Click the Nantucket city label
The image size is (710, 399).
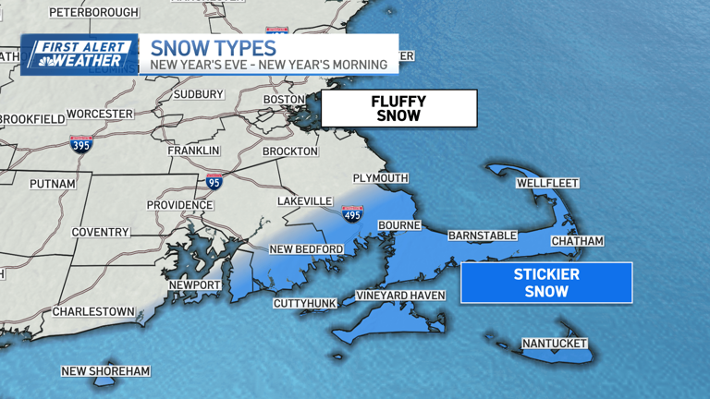(x=555, y=344)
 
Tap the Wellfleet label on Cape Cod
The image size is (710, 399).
(x=547, y=183)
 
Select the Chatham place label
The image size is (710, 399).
(x=577, y=241)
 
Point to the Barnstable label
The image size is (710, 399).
(x=483, y=236)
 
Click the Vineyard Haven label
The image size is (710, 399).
(x=401, y=296)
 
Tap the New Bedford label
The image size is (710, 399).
(x=306, y=249)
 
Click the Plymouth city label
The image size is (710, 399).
(x=380, y=178)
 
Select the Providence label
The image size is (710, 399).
(x=179, y=205)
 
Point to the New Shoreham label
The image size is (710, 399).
(x=105, y=371)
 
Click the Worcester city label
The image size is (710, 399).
(x=101, y=114)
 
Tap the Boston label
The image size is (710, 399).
(x=284, y=100)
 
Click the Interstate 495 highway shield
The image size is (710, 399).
(x=352, y=214)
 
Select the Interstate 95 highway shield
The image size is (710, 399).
(x=214, y=181)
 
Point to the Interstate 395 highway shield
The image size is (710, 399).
(x=80, y=143)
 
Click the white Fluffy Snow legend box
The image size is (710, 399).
(x=398, y=108)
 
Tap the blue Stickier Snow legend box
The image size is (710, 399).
(x=546, y=283)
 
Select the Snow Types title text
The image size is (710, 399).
(x=213, y=47)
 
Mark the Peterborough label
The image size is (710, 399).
(x=93, y=12)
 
